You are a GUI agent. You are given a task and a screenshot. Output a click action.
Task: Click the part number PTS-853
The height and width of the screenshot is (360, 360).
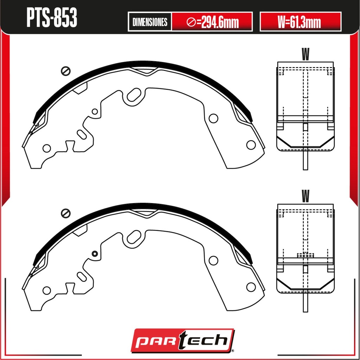[x=52, y=18]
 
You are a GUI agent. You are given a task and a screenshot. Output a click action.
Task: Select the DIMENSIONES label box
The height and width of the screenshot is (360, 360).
[x=150, y=22]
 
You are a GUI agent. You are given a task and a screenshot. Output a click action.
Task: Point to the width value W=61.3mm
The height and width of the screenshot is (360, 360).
[x=300, y=22]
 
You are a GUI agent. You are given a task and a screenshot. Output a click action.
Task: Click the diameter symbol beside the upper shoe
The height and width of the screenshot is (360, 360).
[x=66, y=71]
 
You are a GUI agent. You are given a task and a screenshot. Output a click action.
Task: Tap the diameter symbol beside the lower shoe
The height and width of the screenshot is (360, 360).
[x=66, y=213]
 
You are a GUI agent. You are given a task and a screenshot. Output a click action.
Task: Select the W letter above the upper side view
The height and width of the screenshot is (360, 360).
[x=306, y=54]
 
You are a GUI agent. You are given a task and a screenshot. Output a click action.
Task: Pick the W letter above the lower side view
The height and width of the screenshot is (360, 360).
[x=306, y=196]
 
